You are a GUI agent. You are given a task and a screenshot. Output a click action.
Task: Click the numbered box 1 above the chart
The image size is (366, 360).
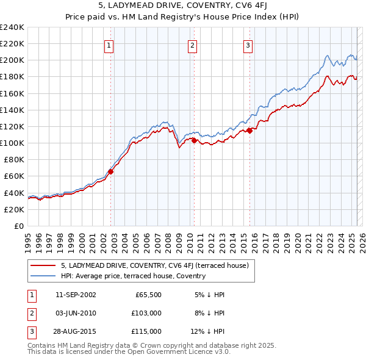[109, 45]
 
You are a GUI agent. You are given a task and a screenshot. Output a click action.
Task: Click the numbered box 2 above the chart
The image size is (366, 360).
[192, 45]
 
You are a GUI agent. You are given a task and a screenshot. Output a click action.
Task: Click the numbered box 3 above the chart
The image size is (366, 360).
[248, 45]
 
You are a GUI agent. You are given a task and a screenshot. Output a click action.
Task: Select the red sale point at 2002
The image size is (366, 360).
[111, 171]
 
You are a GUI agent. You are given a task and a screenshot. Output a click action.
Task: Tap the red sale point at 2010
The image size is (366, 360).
[194, 140]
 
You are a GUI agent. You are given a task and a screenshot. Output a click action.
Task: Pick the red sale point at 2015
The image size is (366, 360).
[250, 131]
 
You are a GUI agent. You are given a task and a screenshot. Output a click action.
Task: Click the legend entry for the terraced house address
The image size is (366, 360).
[154, 265]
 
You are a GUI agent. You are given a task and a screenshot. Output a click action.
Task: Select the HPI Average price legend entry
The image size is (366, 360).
[133, 276]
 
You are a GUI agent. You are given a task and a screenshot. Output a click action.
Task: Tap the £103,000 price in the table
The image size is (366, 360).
[147, 313]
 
